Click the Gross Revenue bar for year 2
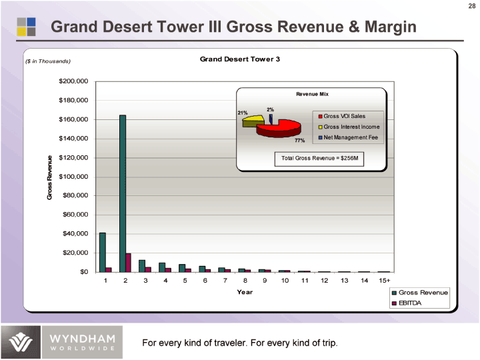[123, 193]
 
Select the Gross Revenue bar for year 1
[103, 252]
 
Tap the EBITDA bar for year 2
[129, 263]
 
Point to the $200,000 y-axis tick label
[73, 81]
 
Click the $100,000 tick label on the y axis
[73, 177]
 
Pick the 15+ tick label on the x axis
[384, 281]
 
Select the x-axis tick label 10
[285, 281]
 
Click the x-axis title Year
[245, 293]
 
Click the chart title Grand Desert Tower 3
[240, 59]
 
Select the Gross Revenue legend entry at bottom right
[420, 293]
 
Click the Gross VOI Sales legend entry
[344, 116]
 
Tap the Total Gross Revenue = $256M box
[321, 159]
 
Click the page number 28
[471, 7]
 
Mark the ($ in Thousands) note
[47, 61]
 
